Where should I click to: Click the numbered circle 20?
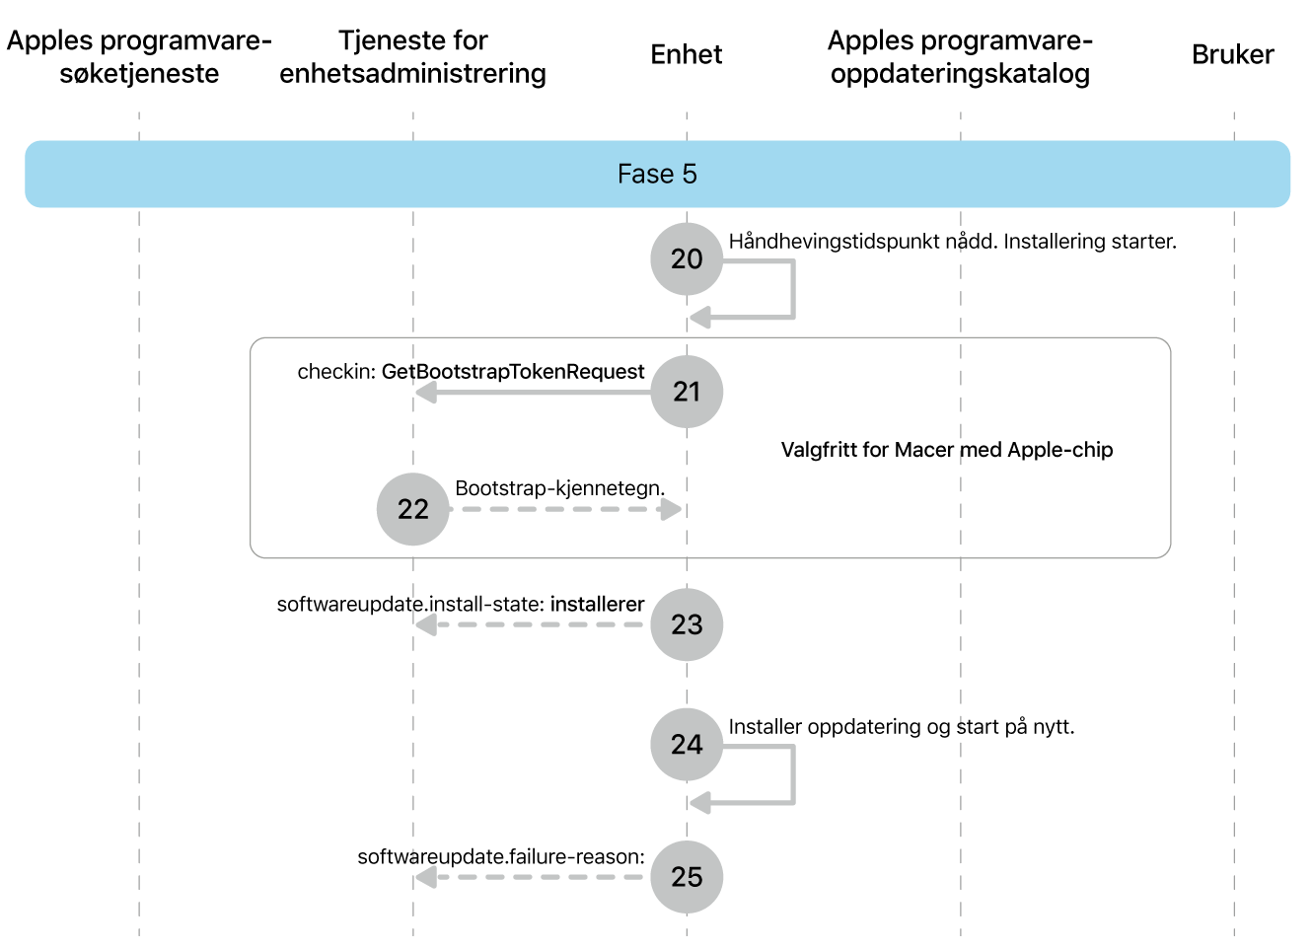tap(687, 258)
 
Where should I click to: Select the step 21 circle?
tap(687, 392)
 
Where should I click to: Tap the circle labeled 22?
tap(412, 509)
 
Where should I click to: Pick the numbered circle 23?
tap(687, 624)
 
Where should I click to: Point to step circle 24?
tap(687, 744)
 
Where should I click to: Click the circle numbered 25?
tap(687, 877)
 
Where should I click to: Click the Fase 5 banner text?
tap(657, 174)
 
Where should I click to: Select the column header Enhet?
tap(687, 54)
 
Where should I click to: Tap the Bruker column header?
tap(1232, 54)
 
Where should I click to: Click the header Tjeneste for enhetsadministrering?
tap(412, 56)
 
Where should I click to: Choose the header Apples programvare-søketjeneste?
tap(139, 56)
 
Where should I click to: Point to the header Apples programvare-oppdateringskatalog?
tap(960, 56)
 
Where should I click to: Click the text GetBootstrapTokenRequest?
tap(513, 372)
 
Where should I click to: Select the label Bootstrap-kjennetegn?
tap(559, 488)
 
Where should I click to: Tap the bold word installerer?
tap(597, 604)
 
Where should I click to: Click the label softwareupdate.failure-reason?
tap(500, 856)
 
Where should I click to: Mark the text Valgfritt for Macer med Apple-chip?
tap(947, 450)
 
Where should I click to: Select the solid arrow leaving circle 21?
tap(534, 393)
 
